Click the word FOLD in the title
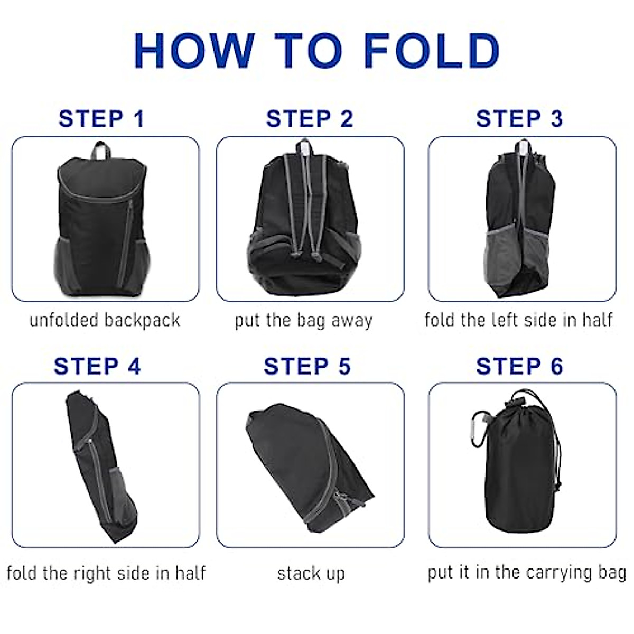(432, 51)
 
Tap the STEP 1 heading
(101, 119)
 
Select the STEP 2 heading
(310, 119)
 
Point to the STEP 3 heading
(519, 119)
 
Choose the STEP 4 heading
(98, 366)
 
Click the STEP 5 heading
(307, 366)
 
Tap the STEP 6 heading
(519, 366)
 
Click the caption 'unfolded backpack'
(105, 320)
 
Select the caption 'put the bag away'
(304, 321)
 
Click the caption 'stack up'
(311, 573)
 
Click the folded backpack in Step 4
(100, 465)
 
